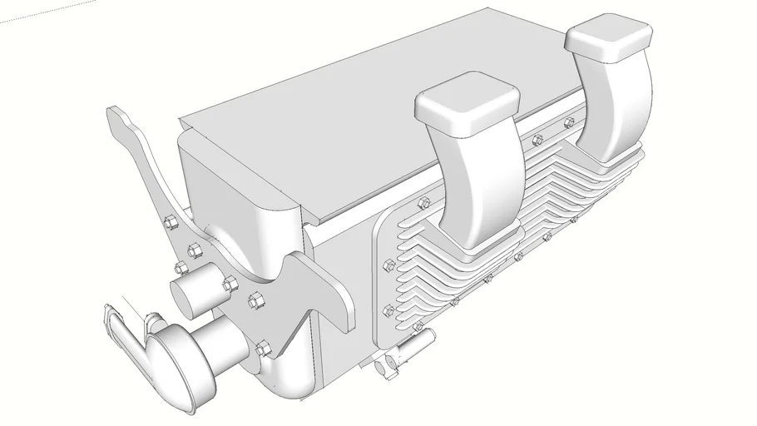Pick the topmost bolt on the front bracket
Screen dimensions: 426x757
(171, 222)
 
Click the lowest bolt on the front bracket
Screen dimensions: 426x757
(265, 349)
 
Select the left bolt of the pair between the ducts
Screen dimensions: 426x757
(538, 139)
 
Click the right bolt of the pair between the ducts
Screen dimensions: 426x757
(569, 123)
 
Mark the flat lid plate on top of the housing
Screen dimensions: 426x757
(333, 133)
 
